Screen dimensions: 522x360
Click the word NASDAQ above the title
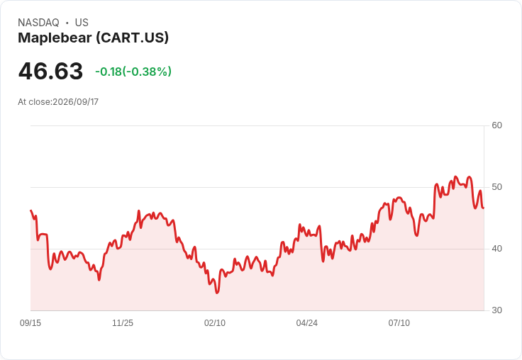38,23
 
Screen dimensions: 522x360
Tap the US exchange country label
82,23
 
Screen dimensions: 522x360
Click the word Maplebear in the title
55,38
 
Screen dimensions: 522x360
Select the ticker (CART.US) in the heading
133,38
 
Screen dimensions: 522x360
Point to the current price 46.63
50,71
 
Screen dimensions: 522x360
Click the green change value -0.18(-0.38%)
133,72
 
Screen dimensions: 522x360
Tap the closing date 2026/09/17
76,102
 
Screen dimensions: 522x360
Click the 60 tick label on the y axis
496,125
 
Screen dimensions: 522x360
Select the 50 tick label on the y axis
496,187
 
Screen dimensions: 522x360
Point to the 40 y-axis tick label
496,249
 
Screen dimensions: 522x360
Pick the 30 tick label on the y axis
496,310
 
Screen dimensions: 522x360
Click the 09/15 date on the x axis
30,322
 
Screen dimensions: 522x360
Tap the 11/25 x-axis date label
123,322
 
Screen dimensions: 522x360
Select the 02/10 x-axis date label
215,322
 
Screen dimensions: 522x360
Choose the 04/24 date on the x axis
306,322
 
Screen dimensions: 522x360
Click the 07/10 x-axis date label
399,322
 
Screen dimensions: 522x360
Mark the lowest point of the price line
217,293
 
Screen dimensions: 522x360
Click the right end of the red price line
484,208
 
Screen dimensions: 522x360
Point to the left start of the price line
31,210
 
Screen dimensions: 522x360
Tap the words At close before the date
34,102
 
